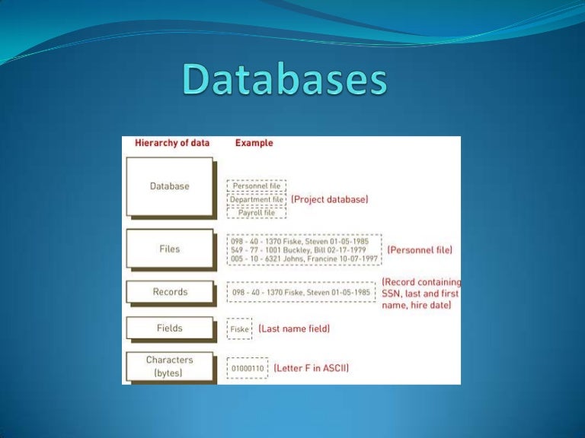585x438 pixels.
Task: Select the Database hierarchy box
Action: pyautogui.click(x=169, y=186)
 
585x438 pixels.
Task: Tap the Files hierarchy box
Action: pyautogui.click(x=169, y=249)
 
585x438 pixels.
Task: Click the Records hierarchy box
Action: pyautogui.click(x=169, y=292)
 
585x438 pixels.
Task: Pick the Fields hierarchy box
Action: pyautogui.click(x=169, y=328)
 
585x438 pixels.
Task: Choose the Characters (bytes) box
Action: pyautogui.click(x=169, y=367)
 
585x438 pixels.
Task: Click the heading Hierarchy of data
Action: pyautogui.click(x=171, y=143)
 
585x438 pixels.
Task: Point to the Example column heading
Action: pyautogui.click(x=254, y=143)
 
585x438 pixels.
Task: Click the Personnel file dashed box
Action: pyautogui.click(x=257, y=185)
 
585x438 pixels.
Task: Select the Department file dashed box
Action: pyautogui.click(x=257, y=198)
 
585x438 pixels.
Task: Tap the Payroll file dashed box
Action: pyautogui.click(x=257, y=212)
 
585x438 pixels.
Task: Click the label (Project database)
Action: pyautogui.click(x=330, y=199)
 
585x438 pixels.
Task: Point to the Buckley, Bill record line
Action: pyautogui.click(x=303, y=249)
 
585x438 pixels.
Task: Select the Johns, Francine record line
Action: pyautogui.click(x=303, y=259)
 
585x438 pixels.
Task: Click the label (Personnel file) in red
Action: pyautogui.click(x=420, y=249)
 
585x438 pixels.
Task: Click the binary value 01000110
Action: pyautogui.click(x=248, y=369)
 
